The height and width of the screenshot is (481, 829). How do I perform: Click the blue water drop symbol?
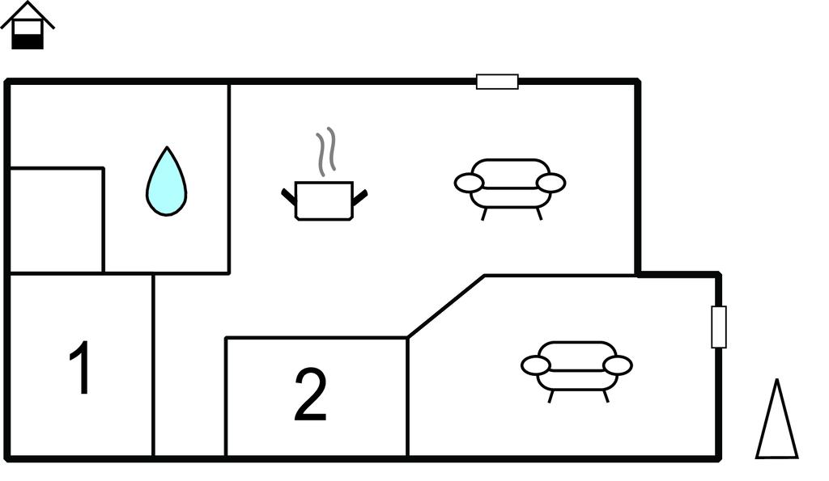[167, 182]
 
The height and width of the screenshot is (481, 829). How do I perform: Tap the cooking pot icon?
[324, 200]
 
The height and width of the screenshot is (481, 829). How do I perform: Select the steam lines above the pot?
[326, 151]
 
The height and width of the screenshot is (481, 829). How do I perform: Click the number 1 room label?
[80, 368]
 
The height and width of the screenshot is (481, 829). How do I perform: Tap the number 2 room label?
[310, 395]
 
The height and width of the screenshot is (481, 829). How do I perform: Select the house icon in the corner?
[28, 25]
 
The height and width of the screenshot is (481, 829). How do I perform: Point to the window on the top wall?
[497, 82]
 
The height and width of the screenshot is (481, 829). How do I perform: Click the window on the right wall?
[719, 327]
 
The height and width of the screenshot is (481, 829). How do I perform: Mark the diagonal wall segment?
[446, 306]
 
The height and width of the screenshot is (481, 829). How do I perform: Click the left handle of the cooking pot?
[289, 196]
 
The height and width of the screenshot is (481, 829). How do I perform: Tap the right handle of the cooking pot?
[360, 197]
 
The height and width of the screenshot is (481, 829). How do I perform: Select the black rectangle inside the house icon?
[28, 41]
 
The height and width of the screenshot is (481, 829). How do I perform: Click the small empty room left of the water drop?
[57, 220]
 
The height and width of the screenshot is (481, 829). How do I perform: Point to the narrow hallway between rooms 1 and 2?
[189, 365]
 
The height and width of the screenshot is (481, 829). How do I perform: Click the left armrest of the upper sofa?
[469, 184]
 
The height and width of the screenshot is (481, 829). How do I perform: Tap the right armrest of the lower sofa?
[618, 365]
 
